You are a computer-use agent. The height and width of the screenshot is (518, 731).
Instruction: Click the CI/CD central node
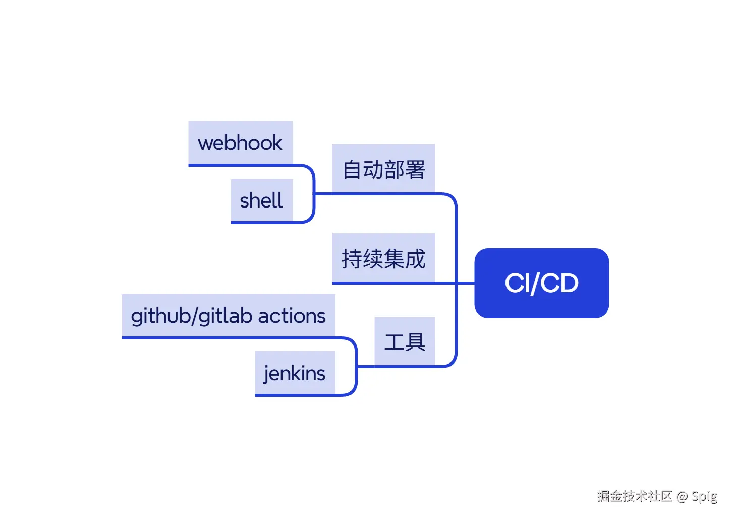[x=541, y=283]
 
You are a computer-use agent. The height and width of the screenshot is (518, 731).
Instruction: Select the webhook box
[x=240, y=143]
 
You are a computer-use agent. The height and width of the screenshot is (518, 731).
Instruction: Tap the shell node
[x=261, y=200]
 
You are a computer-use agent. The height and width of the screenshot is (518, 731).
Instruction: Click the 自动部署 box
[x=383, y=169]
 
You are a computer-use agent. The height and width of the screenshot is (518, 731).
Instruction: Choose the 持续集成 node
[x=383, y=258]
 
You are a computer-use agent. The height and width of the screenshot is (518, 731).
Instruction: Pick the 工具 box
[x=405, y=341]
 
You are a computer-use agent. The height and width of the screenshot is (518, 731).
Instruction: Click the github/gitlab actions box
[x=228, y=316]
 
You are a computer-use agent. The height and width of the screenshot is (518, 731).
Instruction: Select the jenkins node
[x=295, y=373]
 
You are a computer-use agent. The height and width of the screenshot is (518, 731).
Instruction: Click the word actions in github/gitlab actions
[x=292, y=316]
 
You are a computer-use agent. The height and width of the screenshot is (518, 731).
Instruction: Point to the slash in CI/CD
[x=535, y=283]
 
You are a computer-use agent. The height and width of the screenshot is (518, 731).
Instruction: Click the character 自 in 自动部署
[x=352, y=170]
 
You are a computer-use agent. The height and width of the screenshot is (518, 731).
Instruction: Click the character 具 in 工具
[x=415, y=342]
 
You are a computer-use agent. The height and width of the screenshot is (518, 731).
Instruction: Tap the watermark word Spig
[x=704, y=496]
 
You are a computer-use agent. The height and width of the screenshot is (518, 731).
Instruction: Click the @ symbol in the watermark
[x=682, y=496]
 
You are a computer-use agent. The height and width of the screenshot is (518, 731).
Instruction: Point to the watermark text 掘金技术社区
[x=635, y=496]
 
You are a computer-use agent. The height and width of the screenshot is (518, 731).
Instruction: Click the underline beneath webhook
[x=240, y=165]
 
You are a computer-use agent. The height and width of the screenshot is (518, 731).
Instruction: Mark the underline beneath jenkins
[x=295, y=395]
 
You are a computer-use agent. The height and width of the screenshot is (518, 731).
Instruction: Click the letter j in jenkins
[x=267, y=374]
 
